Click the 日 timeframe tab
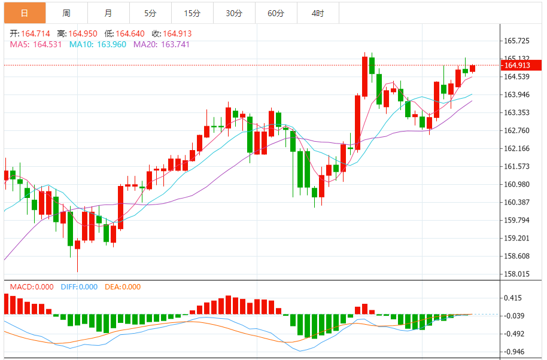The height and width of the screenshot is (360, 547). pyautogui.click(x=24, y=13)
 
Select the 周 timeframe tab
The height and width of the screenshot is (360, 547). pyautogui.click(x=66, y=13)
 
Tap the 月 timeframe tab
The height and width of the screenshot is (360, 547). pyautogui.click(x=108, y=13)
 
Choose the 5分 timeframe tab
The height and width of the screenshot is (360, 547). pyautogui.click(x=150, y=13)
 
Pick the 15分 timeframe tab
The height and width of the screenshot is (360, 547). pyautogui.click(x=192, y=13)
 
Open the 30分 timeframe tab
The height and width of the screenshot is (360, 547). pyautogui.click(x=234, y=13)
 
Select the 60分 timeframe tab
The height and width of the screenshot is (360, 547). pyautogui.click(x=276, y=13)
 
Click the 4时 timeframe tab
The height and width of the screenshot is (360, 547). pyautogui.click(x=318, y=13)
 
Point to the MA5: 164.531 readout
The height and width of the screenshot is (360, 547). pyautogui.click(x=35, y=44)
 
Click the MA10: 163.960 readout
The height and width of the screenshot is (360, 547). pyautogui.click(x=98, y=44)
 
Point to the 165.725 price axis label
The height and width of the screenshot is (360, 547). pyautogui.click(x=517, y=41)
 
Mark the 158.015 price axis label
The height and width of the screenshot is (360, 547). pyautogui.click(x=517, y=274)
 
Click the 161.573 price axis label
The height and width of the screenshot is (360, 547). pyautogui.click(x=517, y=166)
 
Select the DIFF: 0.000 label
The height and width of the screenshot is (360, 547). pyautogui.click(x=79, y=287)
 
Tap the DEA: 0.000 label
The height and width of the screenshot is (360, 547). pyautogui.click(x=123, y=287)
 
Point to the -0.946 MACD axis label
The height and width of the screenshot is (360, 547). pyautogui.click(x=515, y=352)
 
